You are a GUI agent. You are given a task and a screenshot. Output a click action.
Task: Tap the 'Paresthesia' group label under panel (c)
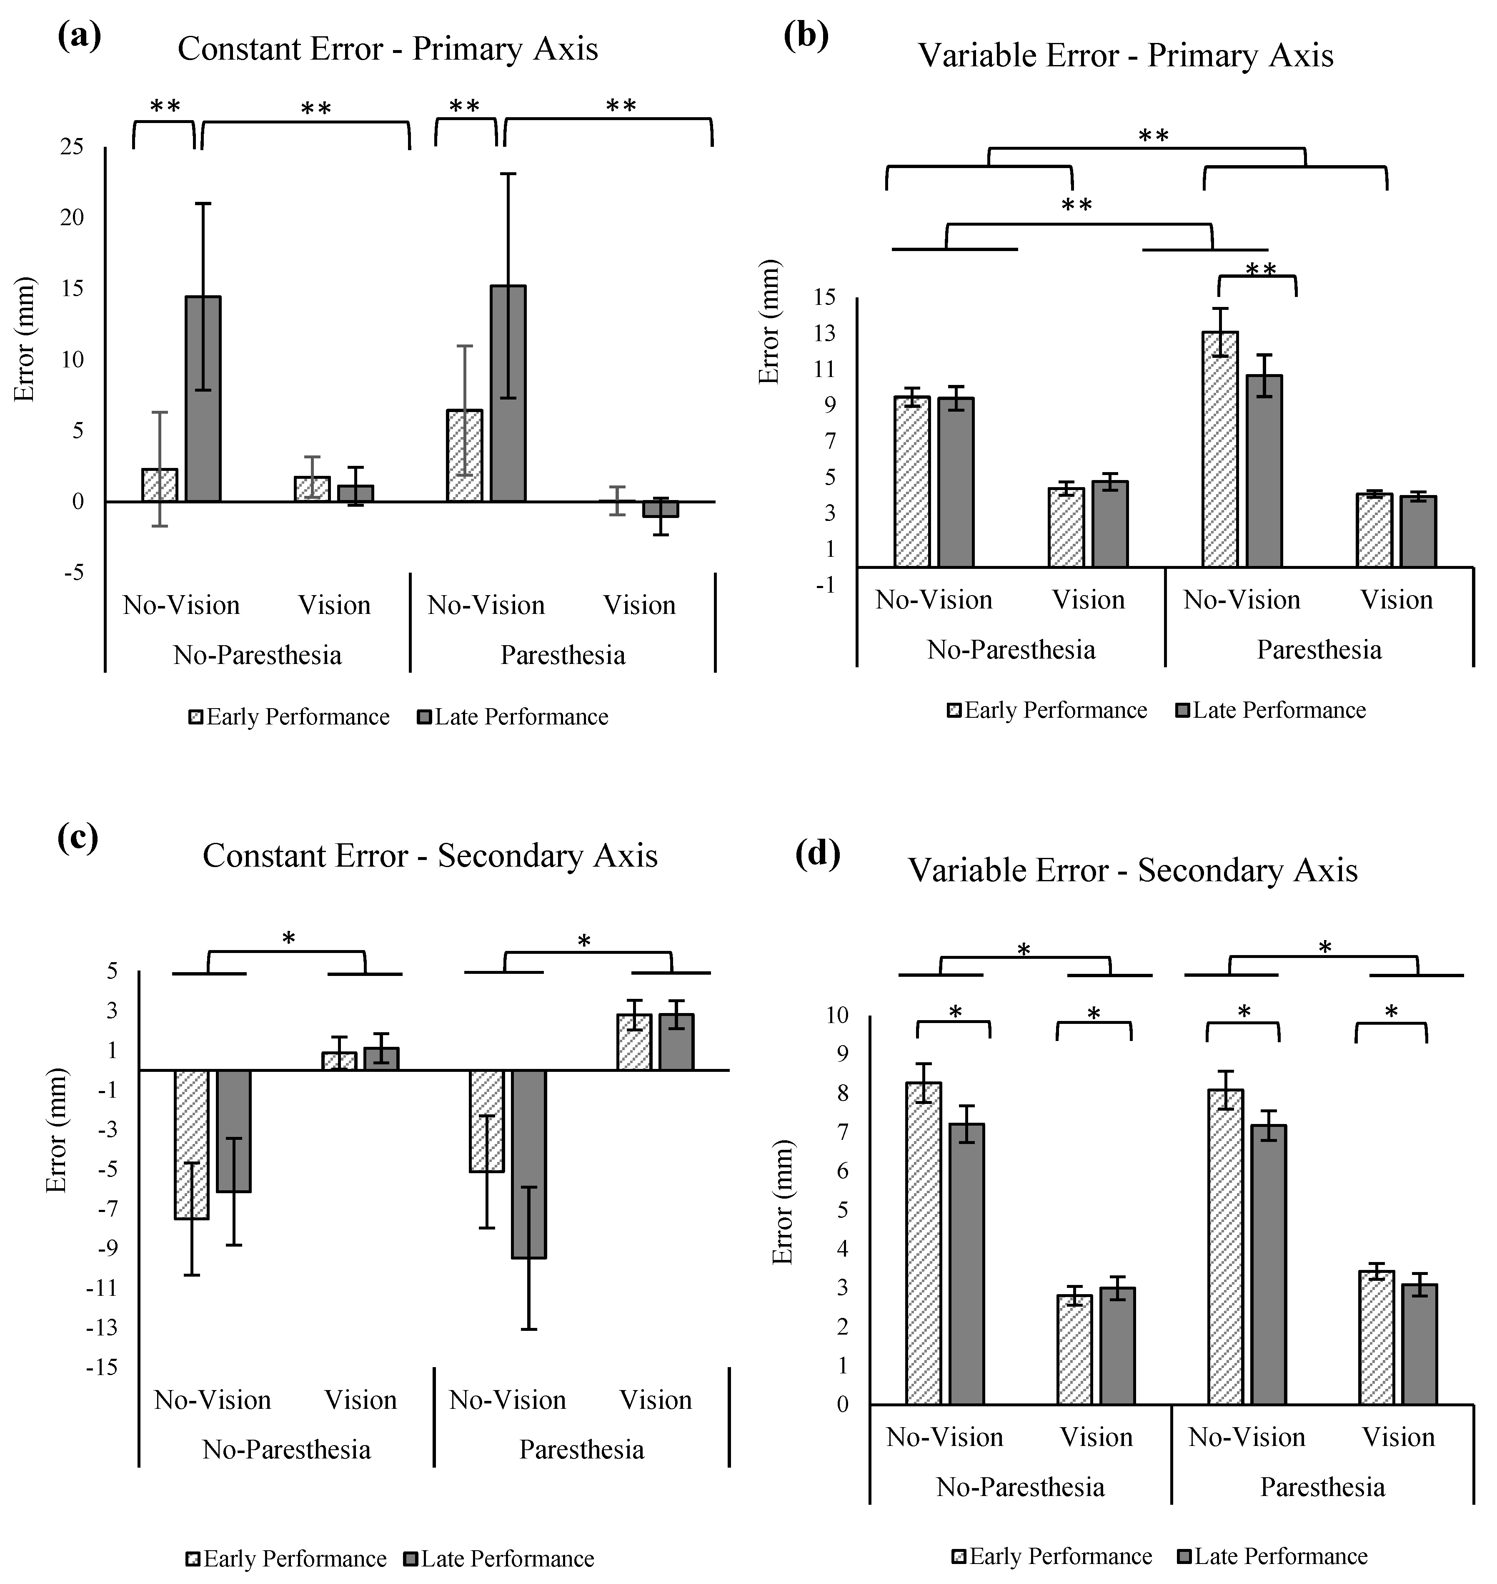coord(582,1449)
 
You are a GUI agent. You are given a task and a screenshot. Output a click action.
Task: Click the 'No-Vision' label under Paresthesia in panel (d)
coord(1247,1437)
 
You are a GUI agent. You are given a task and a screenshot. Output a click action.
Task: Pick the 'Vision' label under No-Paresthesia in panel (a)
coord(334,605)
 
